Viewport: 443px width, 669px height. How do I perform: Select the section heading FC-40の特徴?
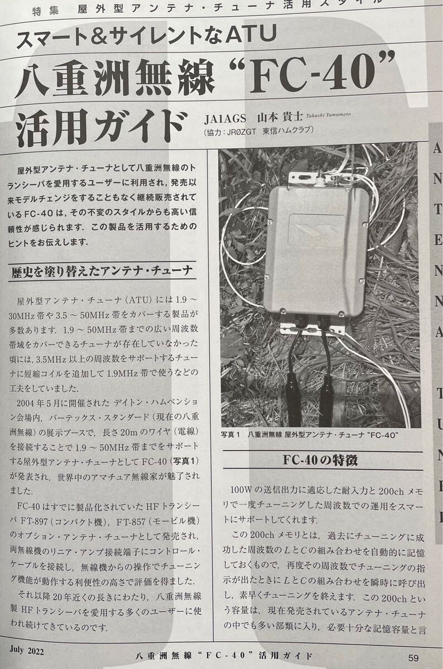(320, 461)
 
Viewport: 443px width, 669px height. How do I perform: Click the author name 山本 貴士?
(279, 117)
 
